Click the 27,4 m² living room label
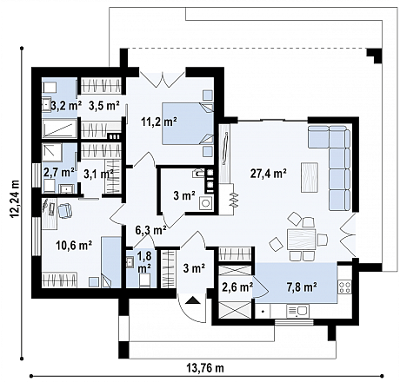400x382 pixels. click(268, 174)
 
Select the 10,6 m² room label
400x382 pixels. click(74, 245)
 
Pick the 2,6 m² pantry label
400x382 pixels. click(237, 286)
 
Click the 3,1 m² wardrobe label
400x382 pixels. click(98, 173)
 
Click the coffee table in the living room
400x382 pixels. click(309, 175)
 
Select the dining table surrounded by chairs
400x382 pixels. click(300, 240)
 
